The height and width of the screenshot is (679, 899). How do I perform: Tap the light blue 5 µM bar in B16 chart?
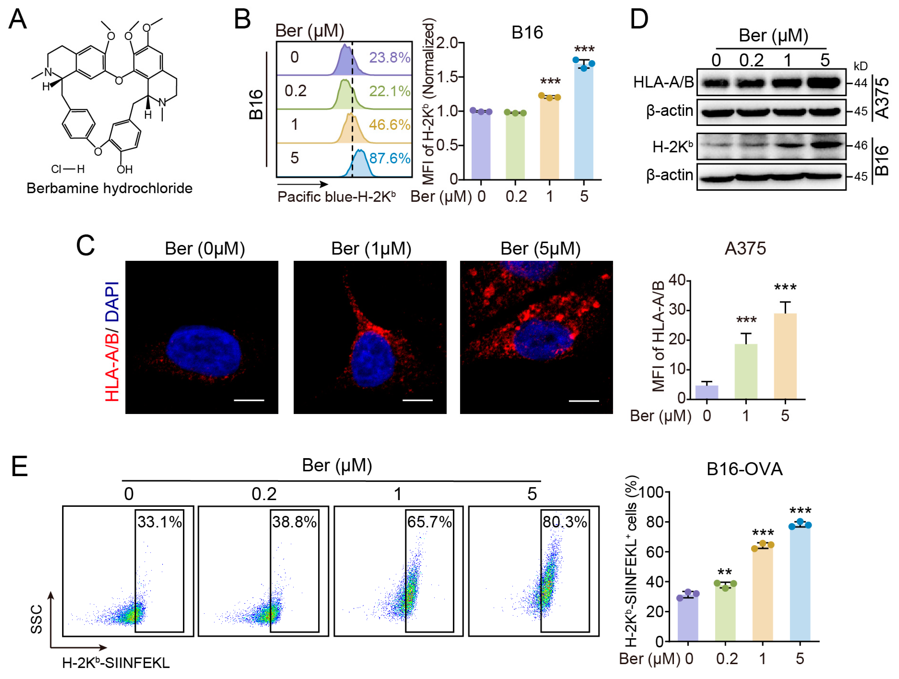click(584, 122)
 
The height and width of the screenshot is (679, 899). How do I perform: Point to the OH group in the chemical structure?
click(124, 169)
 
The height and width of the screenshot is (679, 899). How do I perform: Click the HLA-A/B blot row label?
click(663, 82)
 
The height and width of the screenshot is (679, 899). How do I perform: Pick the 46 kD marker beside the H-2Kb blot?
click(860, 145)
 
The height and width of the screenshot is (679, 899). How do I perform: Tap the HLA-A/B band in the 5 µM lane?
click(824, 83)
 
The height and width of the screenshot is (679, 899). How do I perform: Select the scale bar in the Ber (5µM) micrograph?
click(584, 401)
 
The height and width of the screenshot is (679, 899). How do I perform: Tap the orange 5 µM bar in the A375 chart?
click(785, 356)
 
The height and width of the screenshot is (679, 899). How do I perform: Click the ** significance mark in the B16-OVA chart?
click(725, 572)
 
